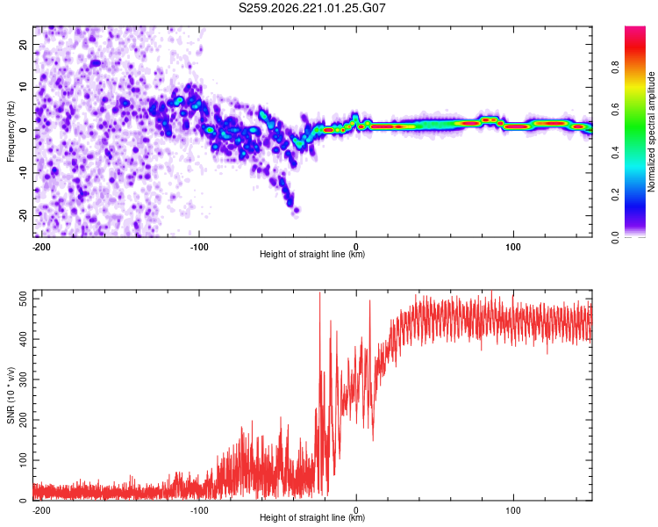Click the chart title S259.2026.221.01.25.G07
(x=311, y=8)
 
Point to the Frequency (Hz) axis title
(x=11, y=132)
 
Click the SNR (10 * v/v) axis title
(x=11, y=395)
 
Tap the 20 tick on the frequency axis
(x=23, y=44)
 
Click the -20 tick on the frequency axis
(x=23, y=215)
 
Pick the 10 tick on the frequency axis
(x=23, y=87)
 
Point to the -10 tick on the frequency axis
(x=23, y=173)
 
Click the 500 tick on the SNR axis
(x=23, y=300)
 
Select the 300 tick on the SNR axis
(x=23, y=379)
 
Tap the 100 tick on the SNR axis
(x=23, y=460)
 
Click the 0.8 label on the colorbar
(x=615, y=68)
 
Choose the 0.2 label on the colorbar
(x=615, y=195)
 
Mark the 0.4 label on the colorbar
(x=615, y=153)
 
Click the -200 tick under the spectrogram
(x=41, y=247)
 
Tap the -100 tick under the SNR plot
(x=199, y=510)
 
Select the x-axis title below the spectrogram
(x=312, y=254)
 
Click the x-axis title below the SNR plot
(x=312, y=517)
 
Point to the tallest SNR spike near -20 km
(x=319, y=292)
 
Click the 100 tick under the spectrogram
(x=513, y=247)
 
